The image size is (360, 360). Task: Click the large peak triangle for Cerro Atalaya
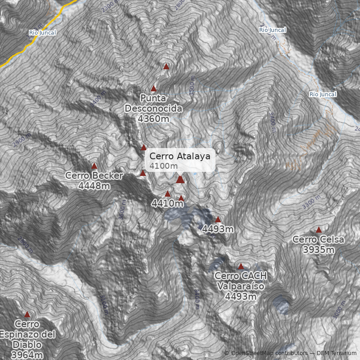pos(180,180)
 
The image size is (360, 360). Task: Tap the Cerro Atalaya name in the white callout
pos(180,156)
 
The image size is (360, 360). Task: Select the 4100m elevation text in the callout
pos(164,166)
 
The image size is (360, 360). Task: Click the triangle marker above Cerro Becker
pos(94,166)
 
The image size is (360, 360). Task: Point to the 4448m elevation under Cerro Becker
pos(94,185)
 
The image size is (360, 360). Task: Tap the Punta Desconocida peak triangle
pos(153,89)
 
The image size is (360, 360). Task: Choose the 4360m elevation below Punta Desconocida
pos(153,119)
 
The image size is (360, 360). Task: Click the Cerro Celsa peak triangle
pos(319,230)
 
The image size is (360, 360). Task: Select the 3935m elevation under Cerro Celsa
pos(318,249)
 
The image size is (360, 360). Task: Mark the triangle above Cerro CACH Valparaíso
pos(241,266)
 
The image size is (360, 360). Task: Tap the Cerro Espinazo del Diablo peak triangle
pos(27,315)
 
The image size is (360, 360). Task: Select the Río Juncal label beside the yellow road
pos(42,32)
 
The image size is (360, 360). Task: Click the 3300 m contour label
pos(312,202)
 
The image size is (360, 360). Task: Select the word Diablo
pos(27,345)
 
